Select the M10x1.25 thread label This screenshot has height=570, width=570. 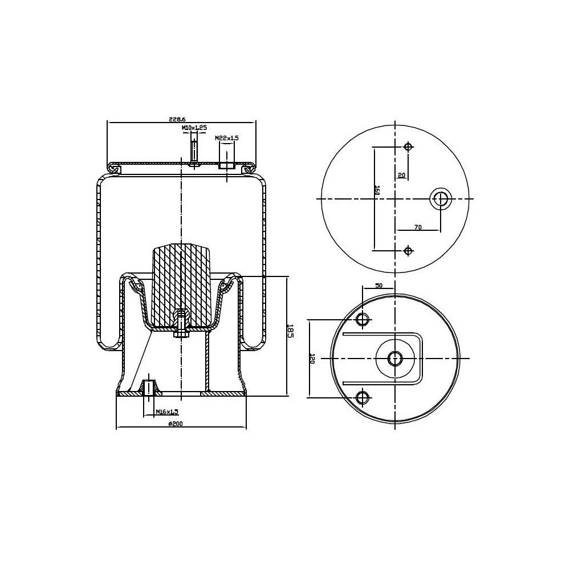click(x=194, y=128)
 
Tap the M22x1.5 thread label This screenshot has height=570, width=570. click(x=226, y=139)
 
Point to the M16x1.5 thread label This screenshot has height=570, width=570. click(x=167, y=411)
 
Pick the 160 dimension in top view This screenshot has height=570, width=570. click(x=377, y=190)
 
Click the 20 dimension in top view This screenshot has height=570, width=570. click(x=401, y=176)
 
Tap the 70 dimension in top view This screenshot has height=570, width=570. click(x=417, y=227)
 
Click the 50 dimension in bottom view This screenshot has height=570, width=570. click(x=378, y=286)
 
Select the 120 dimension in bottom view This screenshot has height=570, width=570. click(x=312, y=359)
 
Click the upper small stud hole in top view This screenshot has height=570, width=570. click(x=408, y=147)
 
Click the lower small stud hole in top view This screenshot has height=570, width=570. click(x=408, y=251)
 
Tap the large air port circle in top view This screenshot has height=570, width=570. click(x=440, y=198)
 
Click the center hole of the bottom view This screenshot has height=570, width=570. click(x=395, y=358)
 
